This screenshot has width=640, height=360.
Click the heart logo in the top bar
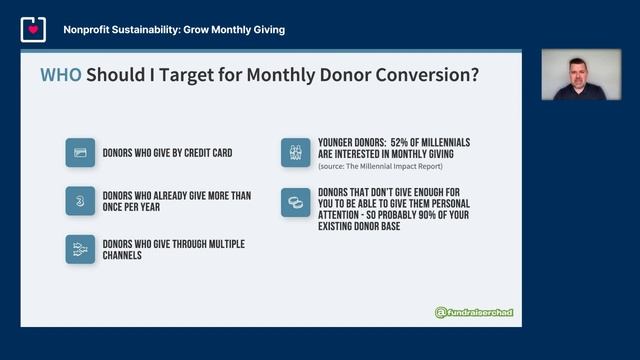(x=33, y=30)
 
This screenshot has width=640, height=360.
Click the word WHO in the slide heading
(x=60, y=75)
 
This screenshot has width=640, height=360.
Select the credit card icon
(x=80, y=152)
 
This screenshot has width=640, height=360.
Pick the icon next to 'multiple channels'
(x=80, y=249)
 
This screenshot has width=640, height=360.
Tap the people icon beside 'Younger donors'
(x=296, y=152)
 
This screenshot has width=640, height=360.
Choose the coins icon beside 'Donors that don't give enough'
(x=296, y=201)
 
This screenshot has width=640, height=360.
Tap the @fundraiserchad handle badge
(x=474, y=313)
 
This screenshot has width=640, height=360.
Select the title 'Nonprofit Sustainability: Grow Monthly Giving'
(x=174, y=30)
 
